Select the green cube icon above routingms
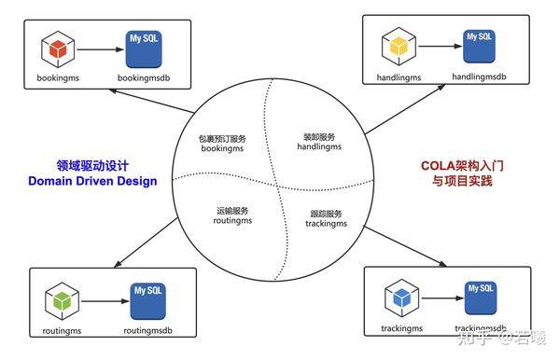61,301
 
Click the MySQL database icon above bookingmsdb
146,47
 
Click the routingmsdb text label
147,330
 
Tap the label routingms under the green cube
62,330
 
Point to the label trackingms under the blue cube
402,329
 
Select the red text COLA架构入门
462,165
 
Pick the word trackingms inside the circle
327,224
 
